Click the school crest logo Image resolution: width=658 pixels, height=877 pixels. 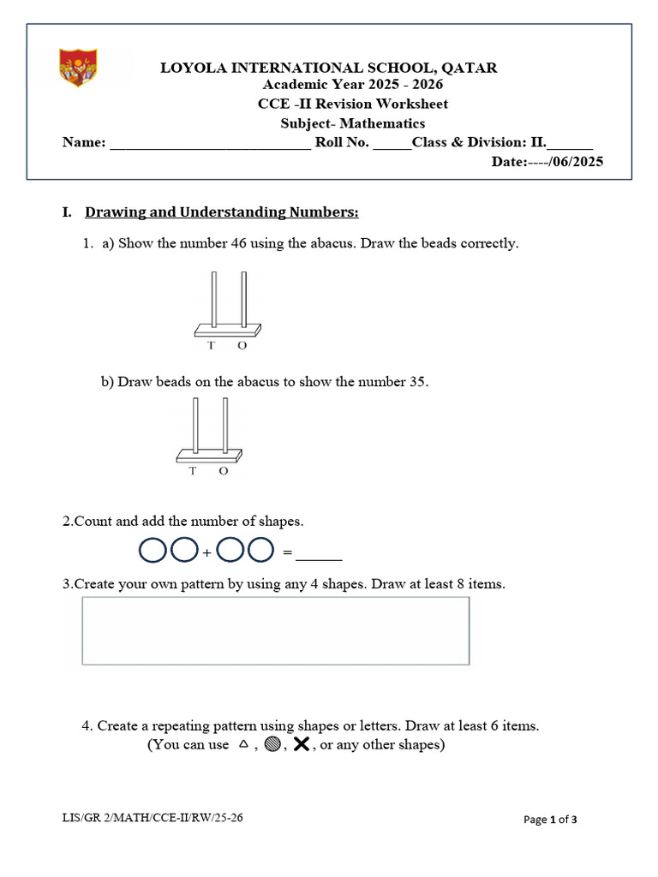tap(77, 68)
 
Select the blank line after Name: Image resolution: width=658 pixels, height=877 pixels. tap(211, 144)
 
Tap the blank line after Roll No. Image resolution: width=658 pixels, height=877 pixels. tap(392, 144)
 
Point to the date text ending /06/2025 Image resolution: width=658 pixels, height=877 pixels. tap(547, 162)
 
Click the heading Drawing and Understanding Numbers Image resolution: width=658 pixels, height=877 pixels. tap(222, 212)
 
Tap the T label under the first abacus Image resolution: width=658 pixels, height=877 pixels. tap(212, 346)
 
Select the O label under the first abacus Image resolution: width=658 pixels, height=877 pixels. tap(242, 346)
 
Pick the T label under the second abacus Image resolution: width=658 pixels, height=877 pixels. tap(193, 471)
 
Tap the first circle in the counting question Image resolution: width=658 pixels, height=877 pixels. tap(153, 551)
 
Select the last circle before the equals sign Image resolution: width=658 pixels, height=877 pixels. tap(260, 551)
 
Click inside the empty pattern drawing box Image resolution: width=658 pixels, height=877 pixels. tap(275, 630)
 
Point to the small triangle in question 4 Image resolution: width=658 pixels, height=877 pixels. tap(243, 745)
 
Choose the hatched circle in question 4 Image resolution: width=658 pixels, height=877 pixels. tap(272, 745)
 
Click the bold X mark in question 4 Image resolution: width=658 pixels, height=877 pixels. tap(302, 745)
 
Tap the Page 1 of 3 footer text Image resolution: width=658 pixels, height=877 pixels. tap(550, 820)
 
